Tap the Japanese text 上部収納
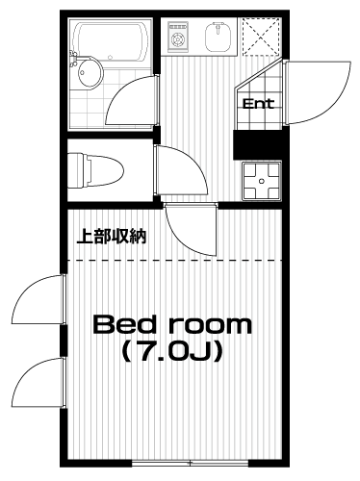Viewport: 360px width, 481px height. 112,236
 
